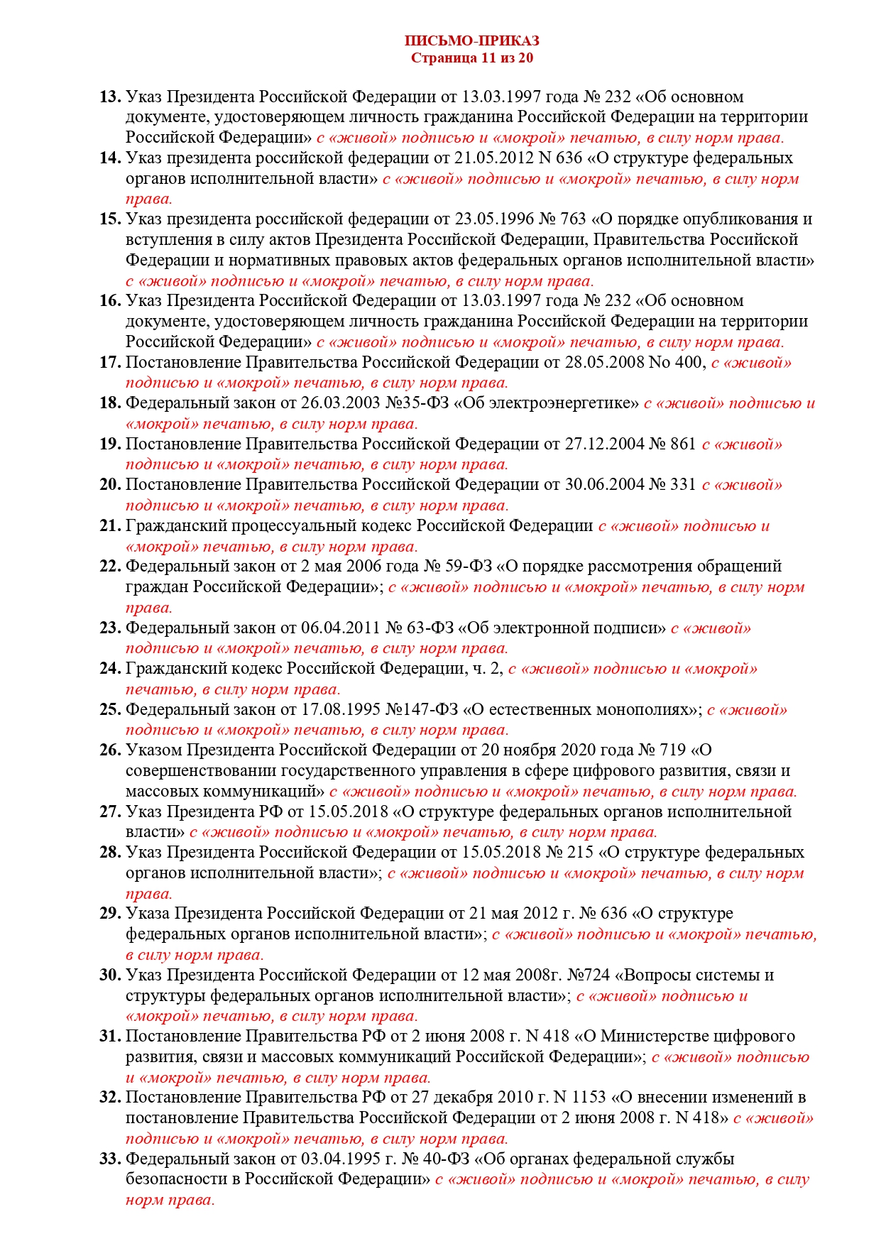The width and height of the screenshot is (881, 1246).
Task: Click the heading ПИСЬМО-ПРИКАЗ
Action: tap(471, 41)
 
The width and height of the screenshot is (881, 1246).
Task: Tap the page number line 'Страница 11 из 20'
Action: tap(471, 58)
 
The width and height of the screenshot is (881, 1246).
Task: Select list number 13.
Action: tap(110, 97)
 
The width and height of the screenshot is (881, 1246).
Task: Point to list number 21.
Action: tap(110, 526)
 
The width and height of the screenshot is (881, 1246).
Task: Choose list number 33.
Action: tap(110, 1159)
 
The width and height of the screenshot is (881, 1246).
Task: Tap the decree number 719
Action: tap(672, 750)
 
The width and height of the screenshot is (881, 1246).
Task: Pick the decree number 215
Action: tap(580, 853)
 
